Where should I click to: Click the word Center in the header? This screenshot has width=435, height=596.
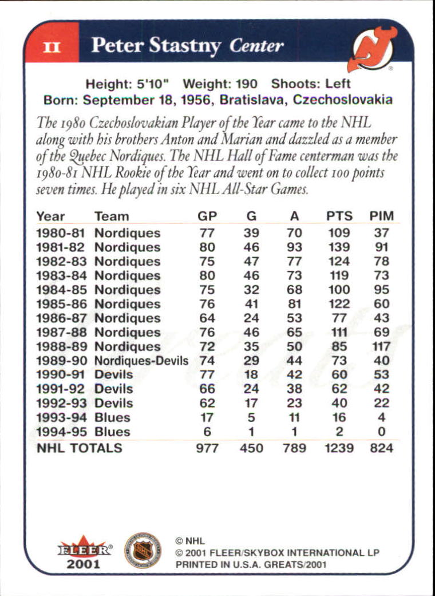(x=257, y=46)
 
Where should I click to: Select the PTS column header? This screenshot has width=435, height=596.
(x=339, y=216)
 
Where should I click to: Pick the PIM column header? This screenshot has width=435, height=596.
(x=381, y=216)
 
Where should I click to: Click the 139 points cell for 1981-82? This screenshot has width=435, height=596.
(x=339, y=247)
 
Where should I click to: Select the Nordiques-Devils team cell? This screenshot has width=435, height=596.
(x=141, y=361)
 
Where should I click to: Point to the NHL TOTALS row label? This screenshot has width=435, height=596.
(x=80, y=448)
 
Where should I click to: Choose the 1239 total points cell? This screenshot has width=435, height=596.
(x=339, y=448)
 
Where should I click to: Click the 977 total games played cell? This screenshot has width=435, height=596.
(x=207, y=448)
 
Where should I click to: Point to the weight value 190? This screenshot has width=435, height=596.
(x=247, y=84)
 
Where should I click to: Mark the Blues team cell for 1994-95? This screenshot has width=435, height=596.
(x=112, y=432)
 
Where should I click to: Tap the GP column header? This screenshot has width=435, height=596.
(x=207, y=216)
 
